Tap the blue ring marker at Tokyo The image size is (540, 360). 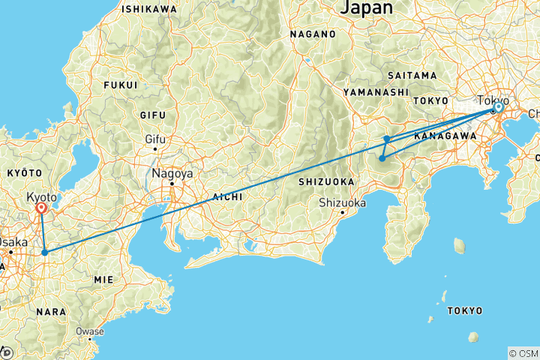tap(497, 108)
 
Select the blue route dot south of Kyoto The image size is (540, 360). tap(45, 252)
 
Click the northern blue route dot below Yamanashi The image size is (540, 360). tap(387, 139)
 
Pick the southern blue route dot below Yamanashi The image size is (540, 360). tap(382, 158)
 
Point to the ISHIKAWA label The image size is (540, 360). tap(149, 9)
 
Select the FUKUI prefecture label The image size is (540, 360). tap(121, 85)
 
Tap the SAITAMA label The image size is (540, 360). tap(412, 76)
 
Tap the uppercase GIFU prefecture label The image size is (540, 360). tap(151, 115)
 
